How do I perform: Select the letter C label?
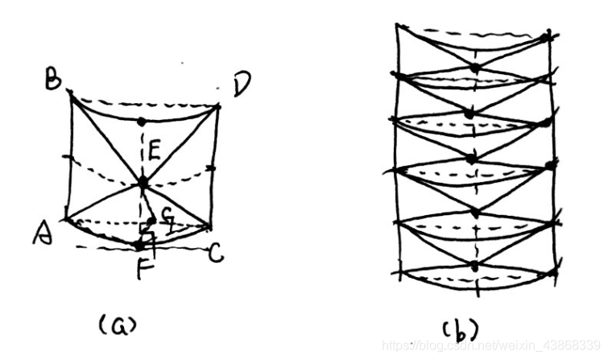[216, 254]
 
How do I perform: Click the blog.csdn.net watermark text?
[491, 346]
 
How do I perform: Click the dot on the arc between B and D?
[142, 122]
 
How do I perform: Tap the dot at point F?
[141, 242]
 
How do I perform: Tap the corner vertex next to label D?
[219, 105]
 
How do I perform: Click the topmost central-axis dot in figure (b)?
[476, 66]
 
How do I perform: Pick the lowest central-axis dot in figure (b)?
[475, 265]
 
